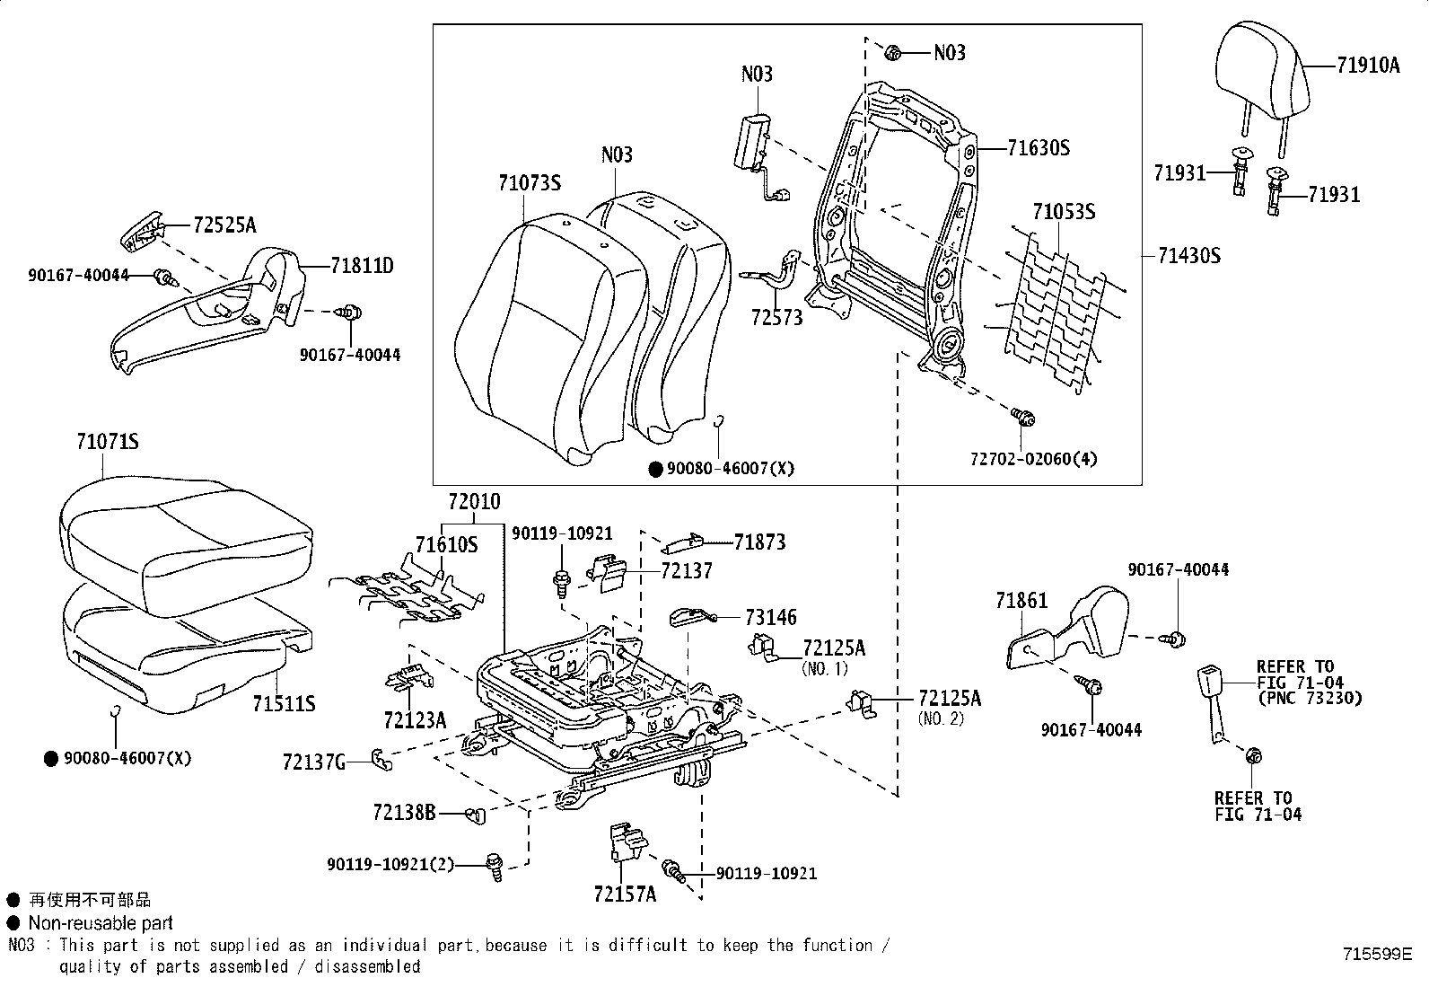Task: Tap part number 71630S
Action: coord(1038,148)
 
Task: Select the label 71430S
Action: coord(1189,255)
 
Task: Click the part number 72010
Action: coord(474,502)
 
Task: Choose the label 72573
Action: coord(776,317)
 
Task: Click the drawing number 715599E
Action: coord(1377,954)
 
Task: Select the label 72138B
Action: coord(405,812)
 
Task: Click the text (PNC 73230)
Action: coord(1310,698)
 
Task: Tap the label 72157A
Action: coord(625,894)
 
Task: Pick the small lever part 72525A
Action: coord(141,231)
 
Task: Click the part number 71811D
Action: coord(362,265)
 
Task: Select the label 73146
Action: coord(771,617)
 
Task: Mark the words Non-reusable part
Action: coord(101,922)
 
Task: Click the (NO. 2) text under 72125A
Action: coord(941,718)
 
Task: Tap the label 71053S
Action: coord(1064,211)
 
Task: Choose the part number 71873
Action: coord(759,542)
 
